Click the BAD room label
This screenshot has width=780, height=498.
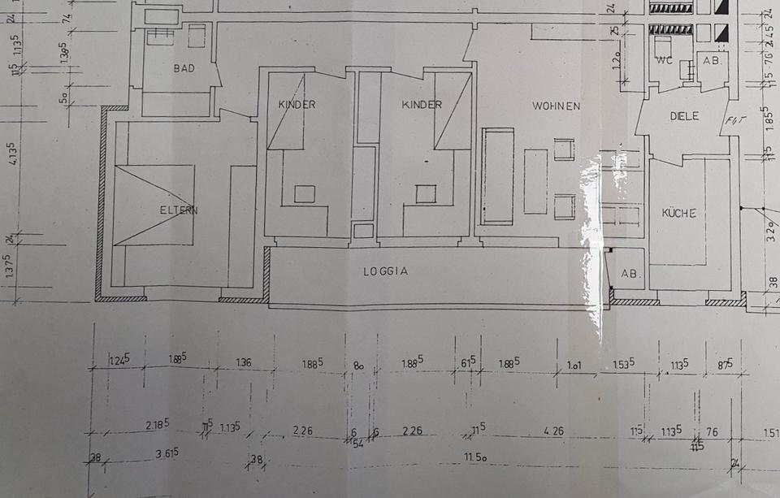point(184,68)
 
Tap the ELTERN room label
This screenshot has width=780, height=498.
point(179,210)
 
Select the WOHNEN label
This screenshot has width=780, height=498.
point(556,106)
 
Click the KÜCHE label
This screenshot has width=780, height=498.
point(679,214)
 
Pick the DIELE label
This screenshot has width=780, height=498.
point(685,116)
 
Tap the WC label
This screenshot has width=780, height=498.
point(664,60)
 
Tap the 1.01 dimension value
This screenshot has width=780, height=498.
point(575,365)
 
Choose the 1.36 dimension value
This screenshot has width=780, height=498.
point(245,362)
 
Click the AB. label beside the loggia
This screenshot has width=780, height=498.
point(629,274)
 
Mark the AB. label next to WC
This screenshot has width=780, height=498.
point(712,60)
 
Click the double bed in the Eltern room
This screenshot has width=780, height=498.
point(154,205)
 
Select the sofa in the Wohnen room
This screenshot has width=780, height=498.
point(497,175)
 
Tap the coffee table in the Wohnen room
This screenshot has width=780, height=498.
point(535,180)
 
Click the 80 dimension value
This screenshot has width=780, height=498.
point(358,365)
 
